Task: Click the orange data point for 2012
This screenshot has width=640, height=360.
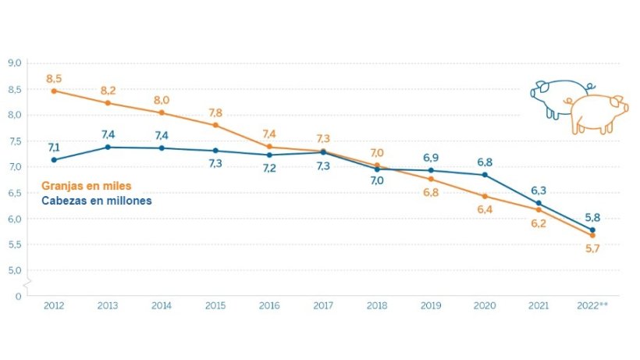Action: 54,91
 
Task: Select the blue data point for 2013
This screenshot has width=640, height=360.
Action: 108,147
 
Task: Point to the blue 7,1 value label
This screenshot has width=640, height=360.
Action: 54,147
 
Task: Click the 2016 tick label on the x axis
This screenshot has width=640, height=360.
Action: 269,306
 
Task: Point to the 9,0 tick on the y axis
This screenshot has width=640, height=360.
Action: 15,63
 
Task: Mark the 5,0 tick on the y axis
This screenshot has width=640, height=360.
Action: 15,270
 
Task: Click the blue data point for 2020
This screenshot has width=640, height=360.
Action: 485,174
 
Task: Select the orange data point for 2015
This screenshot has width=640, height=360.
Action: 215,125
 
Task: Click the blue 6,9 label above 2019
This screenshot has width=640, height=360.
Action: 431,158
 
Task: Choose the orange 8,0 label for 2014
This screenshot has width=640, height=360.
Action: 162,100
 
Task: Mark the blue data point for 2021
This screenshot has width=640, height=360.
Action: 539,203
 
